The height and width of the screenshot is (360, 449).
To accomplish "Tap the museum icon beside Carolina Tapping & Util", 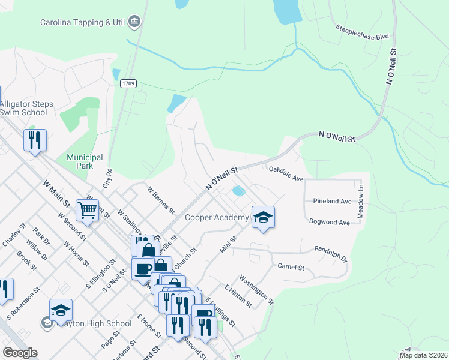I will [135, 22].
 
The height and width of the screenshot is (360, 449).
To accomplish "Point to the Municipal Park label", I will [85, 161].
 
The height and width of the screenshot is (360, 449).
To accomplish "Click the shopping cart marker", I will [87, 211].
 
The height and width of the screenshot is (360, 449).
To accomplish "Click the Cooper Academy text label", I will [216, 217].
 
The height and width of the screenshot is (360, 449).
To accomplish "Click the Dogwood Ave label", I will [329, 222].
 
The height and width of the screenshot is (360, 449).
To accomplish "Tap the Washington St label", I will [256, 289].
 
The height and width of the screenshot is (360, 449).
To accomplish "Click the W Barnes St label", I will [160, 200].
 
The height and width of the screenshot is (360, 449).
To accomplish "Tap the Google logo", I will [20, 353].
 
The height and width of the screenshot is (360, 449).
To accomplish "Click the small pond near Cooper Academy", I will [238, 191].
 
